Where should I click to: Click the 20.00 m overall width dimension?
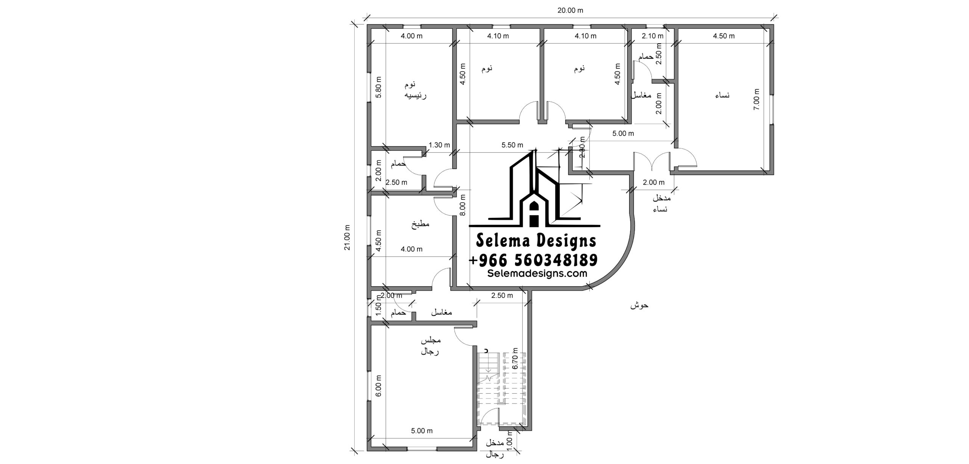tap(570, 11)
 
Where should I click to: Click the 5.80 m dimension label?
tap(379, 87)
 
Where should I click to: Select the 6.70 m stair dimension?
tap(514, 358)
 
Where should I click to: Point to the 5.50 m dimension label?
tap(512, 145)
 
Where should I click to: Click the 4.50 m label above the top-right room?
tap(724, 36)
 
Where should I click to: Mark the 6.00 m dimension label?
tap(379, 386)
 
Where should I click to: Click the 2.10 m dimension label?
tap(653, 36)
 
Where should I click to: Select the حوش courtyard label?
tap(639, 305)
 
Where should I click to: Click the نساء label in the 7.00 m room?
tap(722, 95)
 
